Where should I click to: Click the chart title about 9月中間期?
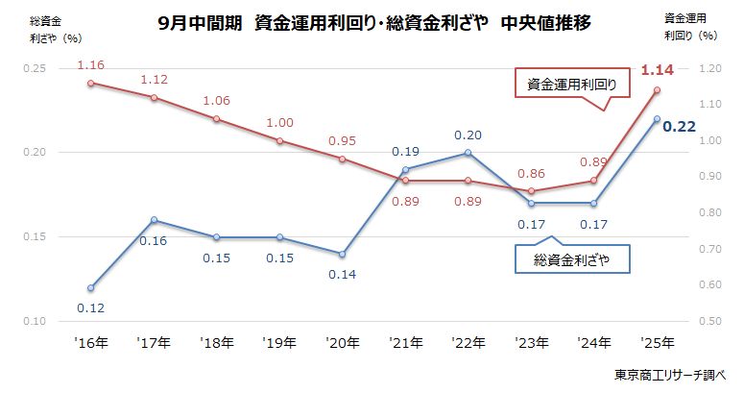point(373,24)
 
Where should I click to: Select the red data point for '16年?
point(90,84)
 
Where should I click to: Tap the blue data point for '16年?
point(90,287)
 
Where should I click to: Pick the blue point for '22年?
point(468,153)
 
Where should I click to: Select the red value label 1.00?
point(279,123)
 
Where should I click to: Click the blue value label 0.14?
point(343,274)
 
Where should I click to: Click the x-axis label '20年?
point(343,341)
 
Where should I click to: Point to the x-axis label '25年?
point(657,341)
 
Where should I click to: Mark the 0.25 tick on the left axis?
point(35,69)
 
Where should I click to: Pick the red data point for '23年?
point(532,191)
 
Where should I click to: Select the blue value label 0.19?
point(405,151)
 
